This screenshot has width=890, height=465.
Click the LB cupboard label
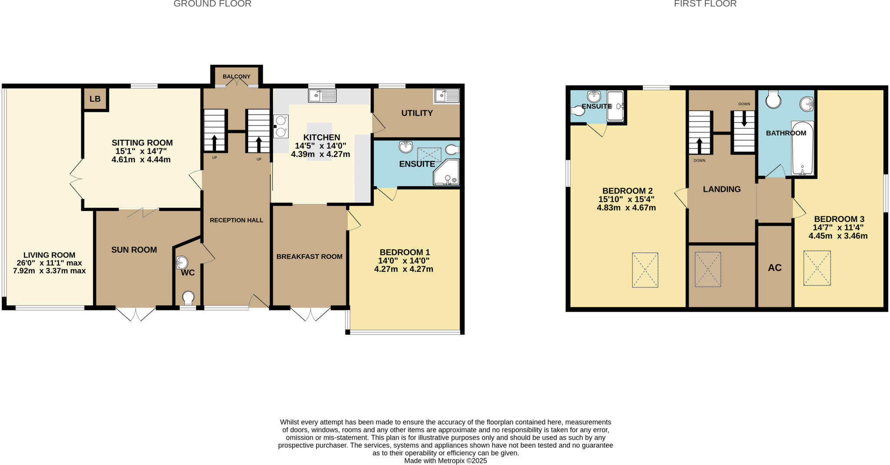pos(95,99)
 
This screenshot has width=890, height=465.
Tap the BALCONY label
pos(236,76)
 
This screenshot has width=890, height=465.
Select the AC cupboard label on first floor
pos(774,267)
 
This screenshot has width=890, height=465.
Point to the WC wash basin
pos(182,262)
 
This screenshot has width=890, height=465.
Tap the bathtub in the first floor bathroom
pos(802,148)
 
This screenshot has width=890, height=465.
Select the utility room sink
pos(446,96)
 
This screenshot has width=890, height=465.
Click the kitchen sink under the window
pos(322,96)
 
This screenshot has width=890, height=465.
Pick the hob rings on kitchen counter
pos(281,126)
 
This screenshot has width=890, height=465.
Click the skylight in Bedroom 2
pos(645,270)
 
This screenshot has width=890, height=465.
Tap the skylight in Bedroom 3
pos(817,268)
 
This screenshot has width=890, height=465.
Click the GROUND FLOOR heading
pos(212,4)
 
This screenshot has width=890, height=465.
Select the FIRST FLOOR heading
pos(705,4)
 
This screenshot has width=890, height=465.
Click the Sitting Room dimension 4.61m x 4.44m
pos(141,160)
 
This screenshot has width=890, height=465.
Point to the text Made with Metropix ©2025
pos(445,461)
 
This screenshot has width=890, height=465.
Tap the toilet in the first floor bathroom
pos(773,100)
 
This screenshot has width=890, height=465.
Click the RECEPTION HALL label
pos(236,220)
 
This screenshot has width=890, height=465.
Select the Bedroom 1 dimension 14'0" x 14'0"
pos(404,261)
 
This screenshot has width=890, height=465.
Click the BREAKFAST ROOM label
pos(309,257)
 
